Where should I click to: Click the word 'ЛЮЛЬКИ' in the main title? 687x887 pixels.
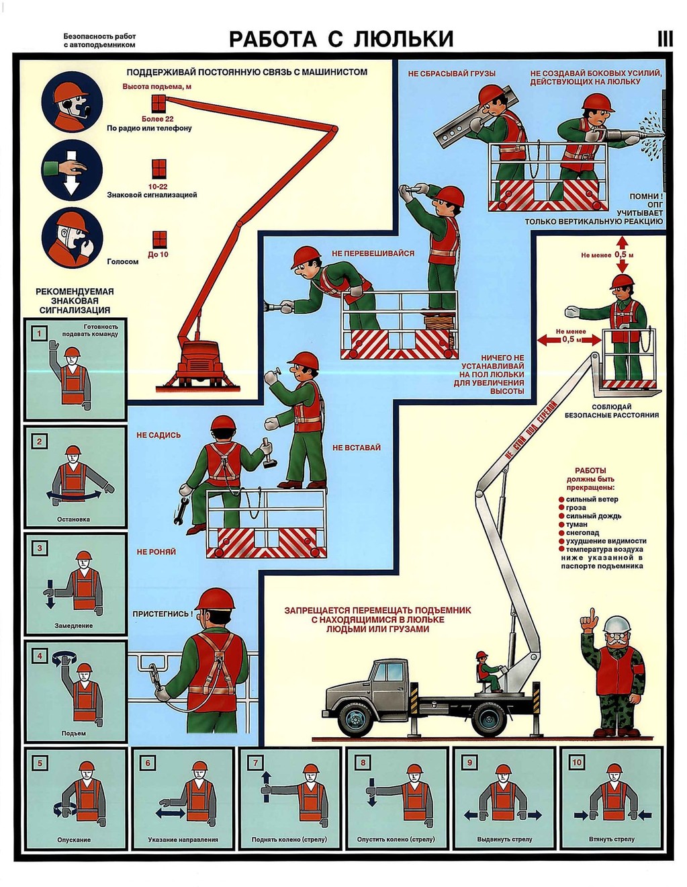404,39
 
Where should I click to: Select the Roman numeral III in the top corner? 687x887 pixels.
665,39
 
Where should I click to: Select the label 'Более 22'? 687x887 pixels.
157,119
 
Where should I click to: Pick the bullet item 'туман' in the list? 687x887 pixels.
576,525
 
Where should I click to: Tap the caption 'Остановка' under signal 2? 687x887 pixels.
73,519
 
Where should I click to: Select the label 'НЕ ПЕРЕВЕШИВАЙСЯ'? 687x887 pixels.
373,253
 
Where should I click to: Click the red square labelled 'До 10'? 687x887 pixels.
160,240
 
